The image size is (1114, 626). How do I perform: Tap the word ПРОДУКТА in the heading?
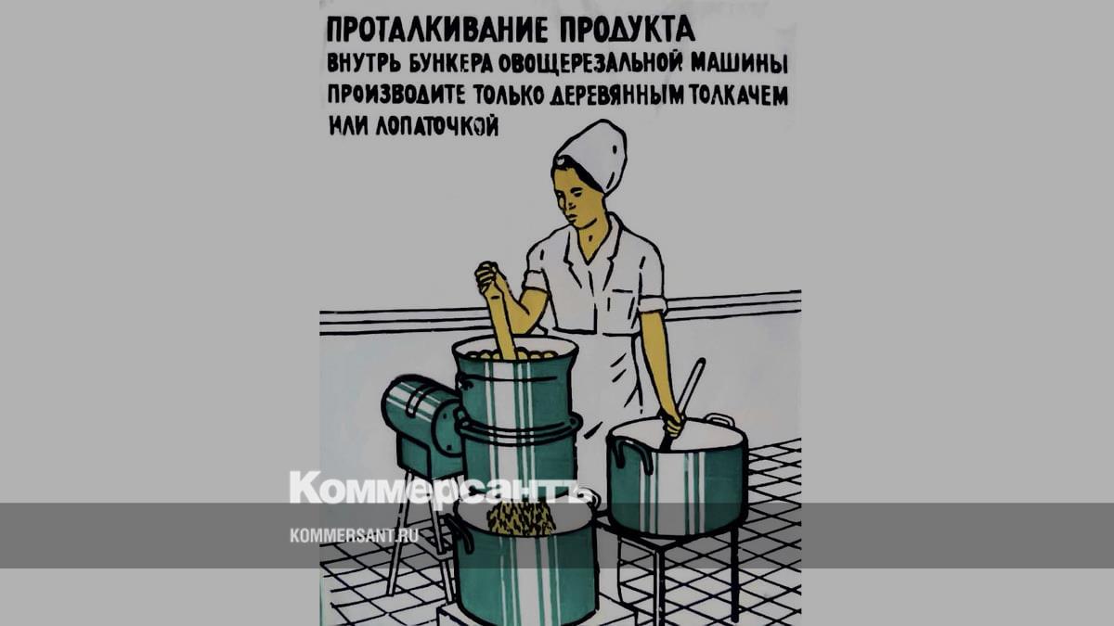tap(628, 30)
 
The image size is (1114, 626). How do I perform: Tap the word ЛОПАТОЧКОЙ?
tap(437, 125)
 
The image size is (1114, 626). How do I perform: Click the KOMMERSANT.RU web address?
tap(354, 536)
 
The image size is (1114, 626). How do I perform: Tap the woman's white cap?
tap(593, 156)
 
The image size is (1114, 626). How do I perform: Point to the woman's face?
tap(577, 198)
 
